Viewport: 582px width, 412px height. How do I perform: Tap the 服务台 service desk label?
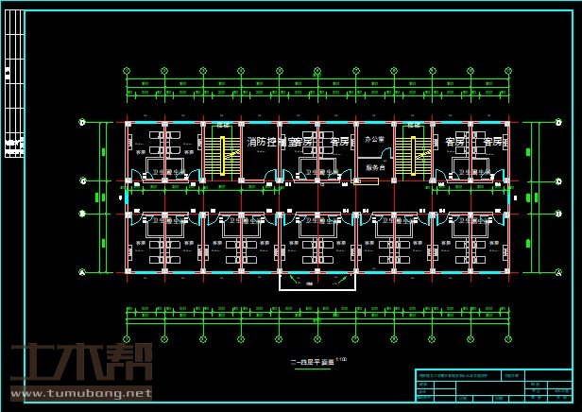click(x=375, y=167)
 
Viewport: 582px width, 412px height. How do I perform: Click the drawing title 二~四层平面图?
click(x=312, y=361)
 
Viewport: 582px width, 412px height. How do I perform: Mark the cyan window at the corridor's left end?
click(x=126, y=197)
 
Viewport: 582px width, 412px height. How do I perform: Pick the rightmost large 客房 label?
click(x=492, y=142)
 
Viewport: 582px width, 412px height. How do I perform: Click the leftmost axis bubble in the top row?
click(x=127, y=70)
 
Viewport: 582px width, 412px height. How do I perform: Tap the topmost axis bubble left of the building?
click(x=83, y=123)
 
